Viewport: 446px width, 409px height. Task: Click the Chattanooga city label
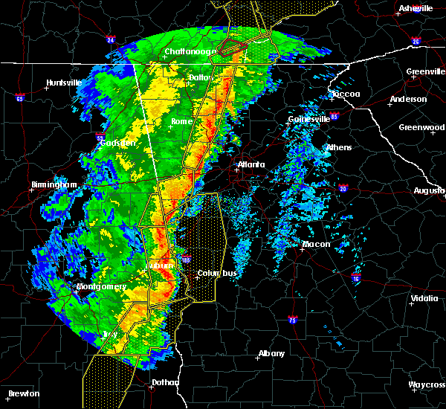click(190, 51)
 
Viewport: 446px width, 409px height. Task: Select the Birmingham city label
click(54, 184)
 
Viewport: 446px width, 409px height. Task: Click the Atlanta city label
click(246, 165)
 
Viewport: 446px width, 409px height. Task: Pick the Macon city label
click(316, 244)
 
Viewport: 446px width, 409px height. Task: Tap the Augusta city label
click(430, 190)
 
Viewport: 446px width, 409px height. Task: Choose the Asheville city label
click(415, 8)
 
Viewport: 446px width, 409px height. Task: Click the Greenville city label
click(425, 72)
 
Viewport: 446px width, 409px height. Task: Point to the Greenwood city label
click(421, 127)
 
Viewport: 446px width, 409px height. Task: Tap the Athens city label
click(339, 147)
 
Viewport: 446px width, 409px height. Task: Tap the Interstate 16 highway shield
click(355, 277)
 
